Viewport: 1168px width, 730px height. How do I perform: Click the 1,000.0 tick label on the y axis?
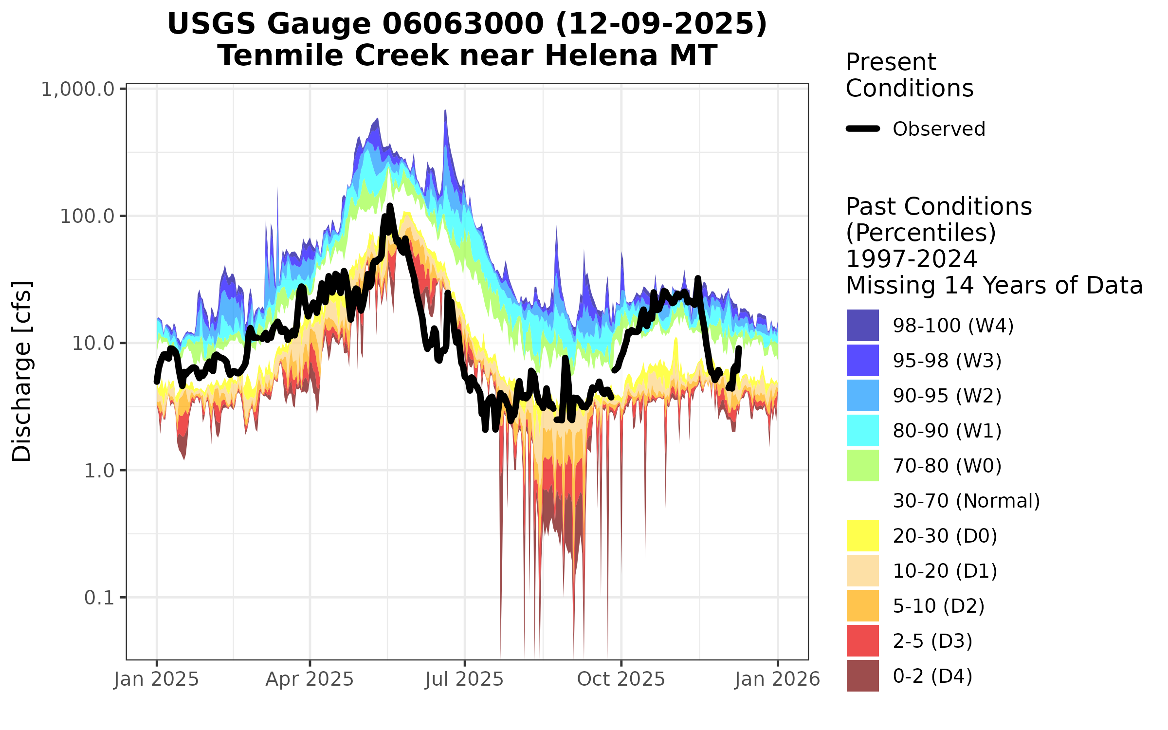(x=78, y=90)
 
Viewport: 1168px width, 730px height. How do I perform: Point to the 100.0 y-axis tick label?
(x=87, y=217)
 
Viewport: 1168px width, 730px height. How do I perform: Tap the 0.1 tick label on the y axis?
(x=99, y=598)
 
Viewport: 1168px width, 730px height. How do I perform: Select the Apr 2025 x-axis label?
(x=310, y=679)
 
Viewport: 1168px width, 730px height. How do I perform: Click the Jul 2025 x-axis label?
(x=464, y=679)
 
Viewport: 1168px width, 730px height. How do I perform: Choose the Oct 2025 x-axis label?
(x=621, y=679)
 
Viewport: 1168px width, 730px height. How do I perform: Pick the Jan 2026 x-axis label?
(x=777, y=679)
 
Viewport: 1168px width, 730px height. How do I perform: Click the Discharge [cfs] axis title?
(x=22, y=371)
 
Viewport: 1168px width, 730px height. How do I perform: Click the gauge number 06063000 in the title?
(x=462, y=24)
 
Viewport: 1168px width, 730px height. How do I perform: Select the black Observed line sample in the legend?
(x=863, y=129)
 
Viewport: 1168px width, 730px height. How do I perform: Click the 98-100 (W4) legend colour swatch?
(x=862, y=325)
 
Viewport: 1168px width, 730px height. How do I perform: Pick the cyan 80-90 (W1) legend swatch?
(x=862, y=430)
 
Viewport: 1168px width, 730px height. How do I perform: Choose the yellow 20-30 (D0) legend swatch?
(x=862, y=535)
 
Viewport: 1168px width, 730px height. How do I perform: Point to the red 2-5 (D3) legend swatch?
(x=862, y=640)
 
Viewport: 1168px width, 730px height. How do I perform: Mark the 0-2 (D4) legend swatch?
(x=862, y=675)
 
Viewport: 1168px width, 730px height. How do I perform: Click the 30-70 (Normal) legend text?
(x=966, y=501)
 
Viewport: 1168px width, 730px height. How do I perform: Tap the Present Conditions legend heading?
(x=909, y=75)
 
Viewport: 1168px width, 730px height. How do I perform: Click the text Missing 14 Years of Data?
(x=994, y=285)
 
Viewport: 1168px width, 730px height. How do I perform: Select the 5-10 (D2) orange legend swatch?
(x=862, y=605)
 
